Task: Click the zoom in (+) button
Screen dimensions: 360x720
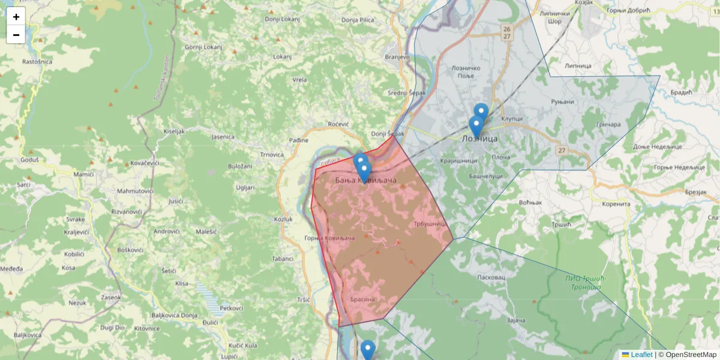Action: (16, 17)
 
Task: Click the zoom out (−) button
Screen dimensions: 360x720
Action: (16, 35)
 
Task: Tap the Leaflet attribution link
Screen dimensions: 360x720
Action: (641, 355)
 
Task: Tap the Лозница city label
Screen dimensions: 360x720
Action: (480, 139)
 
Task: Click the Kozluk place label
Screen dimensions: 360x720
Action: (283, 219)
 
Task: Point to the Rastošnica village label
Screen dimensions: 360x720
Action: (37, 62)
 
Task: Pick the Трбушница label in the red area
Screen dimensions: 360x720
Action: (428, 224)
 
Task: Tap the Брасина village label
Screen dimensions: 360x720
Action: (362, 299)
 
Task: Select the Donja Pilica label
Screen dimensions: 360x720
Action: (358, 20)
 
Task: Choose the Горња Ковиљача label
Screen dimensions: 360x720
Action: (347, 238)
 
